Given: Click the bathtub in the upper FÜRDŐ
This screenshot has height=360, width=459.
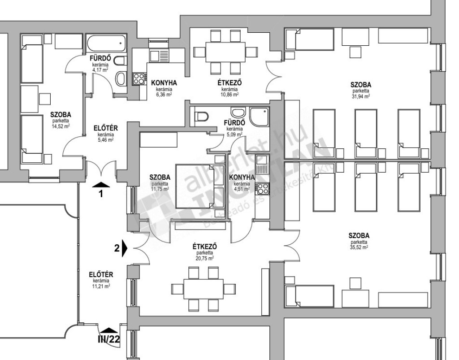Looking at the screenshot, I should click(x=106, y=44).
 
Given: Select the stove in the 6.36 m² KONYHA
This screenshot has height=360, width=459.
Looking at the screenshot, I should click(x=139, y=79).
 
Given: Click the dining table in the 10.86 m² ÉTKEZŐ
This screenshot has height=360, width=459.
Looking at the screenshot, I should click(x=225, y=52).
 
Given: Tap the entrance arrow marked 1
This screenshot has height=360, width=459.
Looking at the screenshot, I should click(x=101, y=184).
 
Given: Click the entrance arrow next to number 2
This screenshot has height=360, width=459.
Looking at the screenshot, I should click(x=125, y=248).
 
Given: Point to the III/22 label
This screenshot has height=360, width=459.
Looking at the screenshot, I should click(x=108, y=339).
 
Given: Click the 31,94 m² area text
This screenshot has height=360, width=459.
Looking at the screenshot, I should click(x=360, y=96).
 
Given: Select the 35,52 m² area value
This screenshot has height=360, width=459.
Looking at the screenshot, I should click(x=359, y=247).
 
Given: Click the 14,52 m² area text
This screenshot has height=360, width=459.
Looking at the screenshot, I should click(x=60, y=126).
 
